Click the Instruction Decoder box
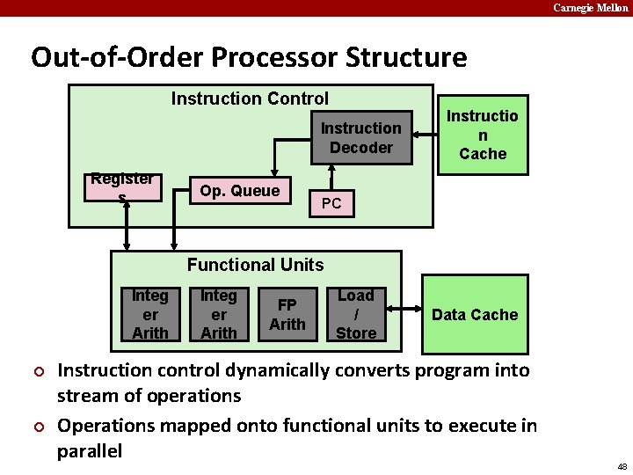360,138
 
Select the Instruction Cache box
483,135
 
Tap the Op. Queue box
240,191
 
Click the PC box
331,205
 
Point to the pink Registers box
123,186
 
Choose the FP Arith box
287,314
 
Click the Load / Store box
356,314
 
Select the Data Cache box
475,314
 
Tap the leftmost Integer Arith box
150,314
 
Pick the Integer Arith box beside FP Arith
219,314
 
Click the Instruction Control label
250,99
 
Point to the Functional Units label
255,265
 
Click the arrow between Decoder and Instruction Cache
426,135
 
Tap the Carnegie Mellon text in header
591,8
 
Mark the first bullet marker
38,370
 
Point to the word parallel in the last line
90,451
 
